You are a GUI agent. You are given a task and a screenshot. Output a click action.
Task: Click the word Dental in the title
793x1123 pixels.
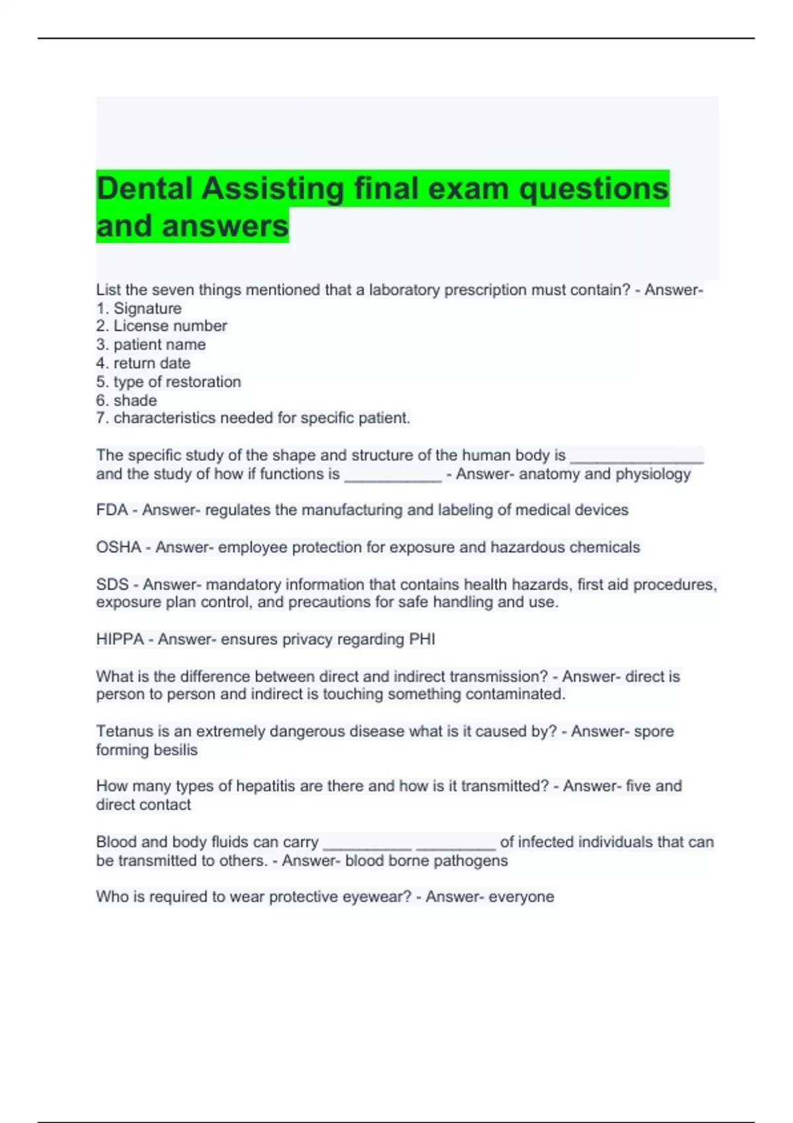(x=145, y=189)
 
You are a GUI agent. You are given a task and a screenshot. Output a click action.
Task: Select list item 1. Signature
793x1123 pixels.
(x=139, y=308)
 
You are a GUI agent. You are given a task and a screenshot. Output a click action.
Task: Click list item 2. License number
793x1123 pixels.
(x=161, y=326)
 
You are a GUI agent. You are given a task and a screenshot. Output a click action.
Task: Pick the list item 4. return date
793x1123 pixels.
(x=143, y=363)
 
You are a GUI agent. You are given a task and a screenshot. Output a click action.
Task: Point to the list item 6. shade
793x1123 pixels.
(x=127, y=400)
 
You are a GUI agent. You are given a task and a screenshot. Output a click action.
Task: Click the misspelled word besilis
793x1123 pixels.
(x=175, y=750)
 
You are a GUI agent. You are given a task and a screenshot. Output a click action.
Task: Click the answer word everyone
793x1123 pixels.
(x=521, y=897)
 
